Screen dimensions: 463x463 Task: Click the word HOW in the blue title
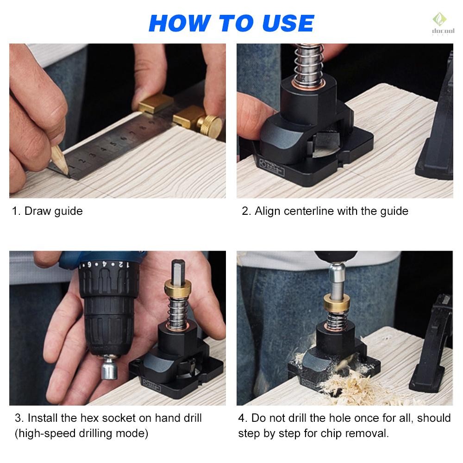pos(180,23)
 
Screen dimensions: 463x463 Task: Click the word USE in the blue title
pos(288,23)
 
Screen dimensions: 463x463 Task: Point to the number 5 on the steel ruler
pos(113,144)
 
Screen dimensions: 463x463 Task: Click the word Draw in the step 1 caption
pos(37,211)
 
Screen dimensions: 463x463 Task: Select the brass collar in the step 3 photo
pos(177,288)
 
